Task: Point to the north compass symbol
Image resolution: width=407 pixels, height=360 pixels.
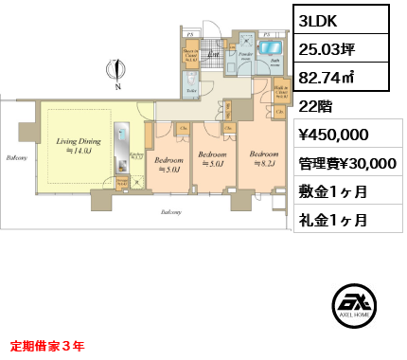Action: pyautogui.click(x=115, y=72)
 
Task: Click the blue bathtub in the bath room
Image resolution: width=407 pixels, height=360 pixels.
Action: pyautogui.click(x=271, y=47)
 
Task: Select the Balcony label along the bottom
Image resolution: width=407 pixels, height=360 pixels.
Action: pyautogui.click(x=171, y=213)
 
